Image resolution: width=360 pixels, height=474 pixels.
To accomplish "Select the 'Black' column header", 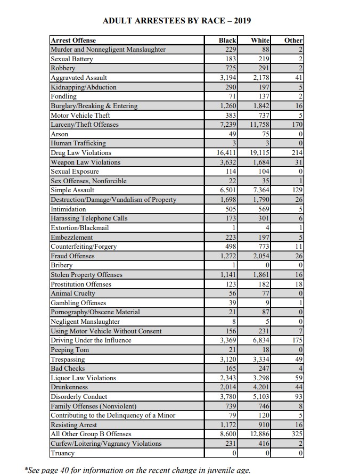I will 228,40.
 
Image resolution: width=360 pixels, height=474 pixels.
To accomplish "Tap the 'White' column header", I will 260,40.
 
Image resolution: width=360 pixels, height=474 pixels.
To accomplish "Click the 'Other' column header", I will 293,40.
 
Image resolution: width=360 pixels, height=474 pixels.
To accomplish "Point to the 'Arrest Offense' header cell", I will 73,40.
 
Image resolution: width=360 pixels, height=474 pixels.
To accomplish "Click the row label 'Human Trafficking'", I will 78,143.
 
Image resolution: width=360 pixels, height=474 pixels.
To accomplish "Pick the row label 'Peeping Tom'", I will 70,350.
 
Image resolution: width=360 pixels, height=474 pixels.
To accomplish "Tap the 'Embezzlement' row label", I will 71,237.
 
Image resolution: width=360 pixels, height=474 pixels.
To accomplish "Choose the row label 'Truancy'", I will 62,453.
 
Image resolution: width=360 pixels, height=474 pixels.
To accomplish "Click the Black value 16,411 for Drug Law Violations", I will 225,153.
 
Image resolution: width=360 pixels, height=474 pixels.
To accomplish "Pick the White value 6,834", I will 259,340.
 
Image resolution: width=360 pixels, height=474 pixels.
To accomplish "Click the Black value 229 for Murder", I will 230,50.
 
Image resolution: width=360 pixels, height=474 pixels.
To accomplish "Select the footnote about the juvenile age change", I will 137,469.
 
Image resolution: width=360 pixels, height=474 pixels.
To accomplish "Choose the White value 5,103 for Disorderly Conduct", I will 259,397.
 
